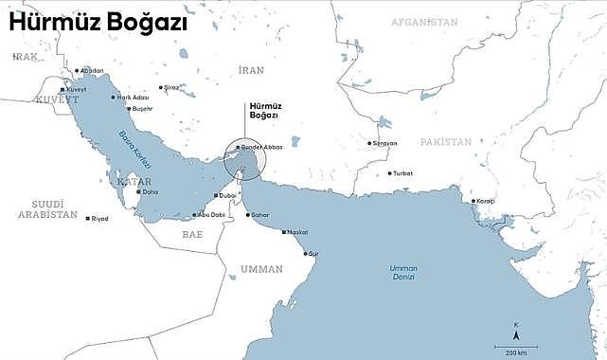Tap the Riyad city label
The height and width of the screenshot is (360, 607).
coord(98,219)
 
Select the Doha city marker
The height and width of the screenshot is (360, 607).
coord(139,191)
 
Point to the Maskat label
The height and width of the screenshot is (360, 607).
coord(296,232)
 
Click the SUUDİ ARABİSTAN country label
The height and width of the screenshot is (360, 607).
coord(46,209)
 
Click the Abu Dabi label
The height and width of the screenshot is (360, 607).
coord(211,214)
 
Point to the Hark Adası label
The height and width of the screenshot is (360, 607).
coord(134,97)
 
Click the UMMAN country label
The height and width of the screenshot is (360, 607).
coord(261,269)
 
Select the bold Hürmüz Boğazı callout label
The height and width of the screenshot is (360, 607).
coord(263,109)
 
